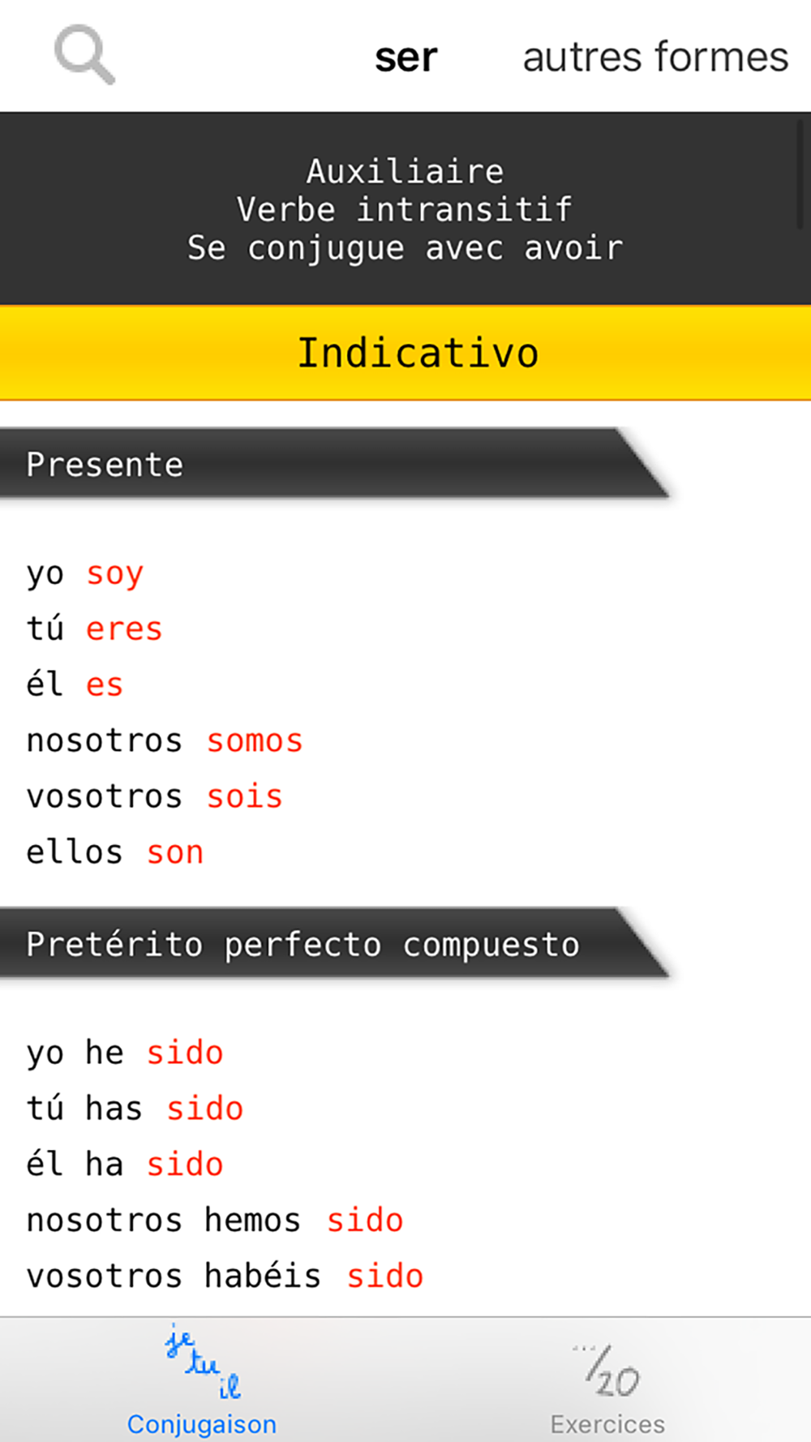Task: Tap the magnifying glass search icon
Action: (84, 55)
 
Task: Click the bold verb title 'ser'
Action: (405, 58)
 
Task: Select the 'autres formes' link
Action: (655, 57)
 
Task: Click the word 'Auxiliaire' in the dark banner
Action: (405, 171)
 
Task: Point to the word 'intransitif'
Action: (465, 210)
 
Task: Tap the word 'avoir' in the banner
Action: (573, 248)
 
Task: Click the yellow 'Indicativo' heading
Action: (418, 353)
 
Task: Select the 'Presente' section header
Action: (105, 465)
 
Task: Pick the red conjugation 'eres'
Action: (124, 629)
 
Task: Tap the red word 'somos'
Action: (255, 741)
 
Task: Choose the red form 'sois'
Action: (244, 796)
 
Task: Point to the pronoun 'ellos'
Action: (75, 852)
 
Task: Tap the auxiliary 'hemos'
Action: (252, 1220)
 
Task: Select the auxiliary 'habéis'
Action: (263, 1275)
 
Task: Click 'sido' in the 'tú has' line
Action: (204, 1109)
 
